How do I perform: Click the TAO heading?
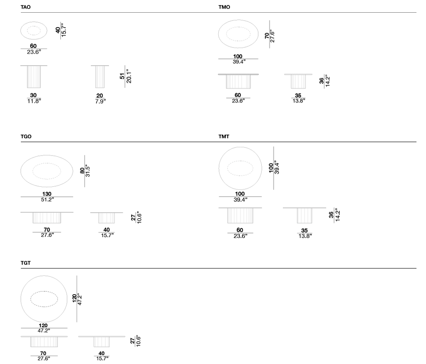(x=25, y=7)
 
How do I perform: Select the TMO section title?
(x=224, y=7)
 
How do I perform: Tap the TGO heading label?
(x=26, y=136)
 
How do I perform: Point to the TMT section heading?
(x=224, y=136)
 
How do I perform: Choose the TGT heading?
(x=25, y=263)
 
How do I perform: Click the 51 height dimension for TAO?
(x=122, y=76)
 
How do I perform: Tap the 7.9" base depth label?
(x=100, y=101)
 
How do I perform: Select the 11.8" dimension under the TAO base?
(x=34, y=101)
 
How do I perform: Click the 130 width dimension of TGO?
(x=47, y=194)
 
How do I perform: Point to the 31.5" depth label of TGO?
(x=88, y=171)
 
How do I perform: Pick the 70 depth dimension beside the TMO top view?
(x=267, y=35)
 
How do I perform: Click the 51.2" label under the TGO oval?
(x=47, y=199)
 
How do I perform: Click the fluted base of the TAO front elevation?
(x=34, y=77)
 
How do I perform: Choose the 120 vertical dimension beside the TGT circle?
(x=74, y=298)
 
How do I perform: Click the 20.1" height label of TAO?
(x=129, y=76)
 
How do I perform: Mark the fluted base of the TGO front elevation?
(x=47, y=218)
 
